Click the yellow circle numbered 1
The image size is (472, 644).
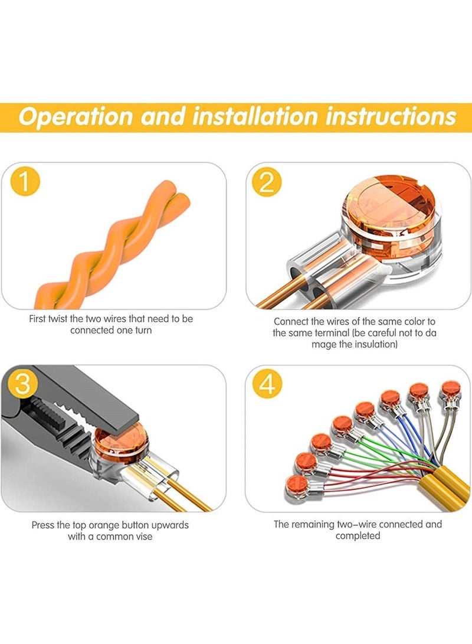[x=25, y=181]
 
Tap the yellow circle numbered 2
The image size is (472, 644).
[x=267, y=182]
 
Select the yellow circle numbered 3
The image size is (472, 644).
[x=22, y=383]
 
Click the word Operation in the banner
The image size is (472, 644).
[x=76, y=116]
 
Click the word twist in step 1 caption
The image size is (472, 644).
[x=57, y=319]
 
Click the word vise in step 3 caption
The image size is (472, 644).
[x=143, y=537]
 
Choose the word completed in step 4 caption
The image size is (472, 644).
[x=358, y=536]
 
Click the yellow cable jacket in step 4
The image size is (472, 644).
[x=443, y=489]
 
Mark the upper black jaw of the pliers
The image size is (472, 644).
[x=82, y=394]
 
